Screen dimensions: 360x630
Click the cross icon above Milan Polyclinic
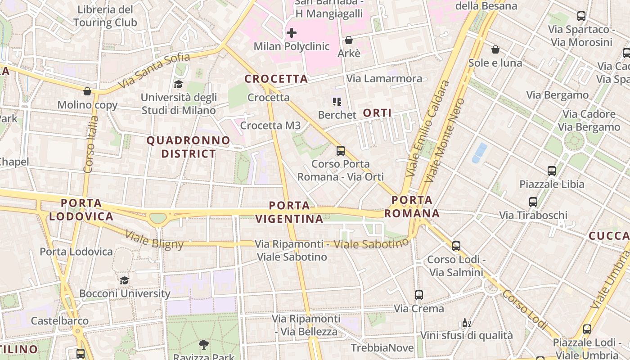(x=292, y=33)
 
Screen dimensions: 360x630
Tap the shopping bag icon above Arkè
(x=348, y=40)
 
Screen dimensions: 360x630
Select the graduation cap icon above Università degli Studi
(x=179, y=84)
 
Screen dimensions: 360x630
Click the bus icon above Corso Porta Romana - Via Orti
(x=341, y=151)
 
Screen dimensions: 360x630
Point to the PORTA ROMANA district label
(x=412, y=207)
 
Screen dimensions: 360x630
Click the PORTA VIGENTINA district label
(x=290, y=212)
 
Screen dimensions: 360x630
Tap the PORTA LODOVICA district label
(x=81, y=210)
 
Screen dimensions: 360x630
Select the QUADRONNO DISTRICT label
(x=189, y=147)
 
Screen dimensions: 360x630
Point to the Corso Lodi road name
(x=525, y=309)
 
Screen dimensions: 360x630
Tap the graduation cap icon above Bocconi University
(x=124, y=281)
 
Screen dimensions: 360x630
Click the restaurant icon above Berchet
(x=337, y=102)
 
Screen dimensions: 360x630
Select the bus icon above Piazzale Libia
(x=552, y=171)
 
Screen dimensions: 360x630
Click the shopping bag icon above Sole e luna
(x=495, y=49)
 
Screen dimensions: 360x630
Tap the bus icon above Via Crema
(x=419, y=295)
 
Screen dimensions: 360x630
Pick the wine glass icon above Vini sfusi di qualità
(x=466, y=323)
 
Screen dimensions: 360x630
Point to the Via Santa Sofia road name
(x=155, y=71)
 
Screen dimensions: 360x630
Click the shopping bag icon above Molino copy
(x=87, y=91)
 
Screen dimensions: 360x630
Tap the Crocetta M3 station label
(x=270, y=126)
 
